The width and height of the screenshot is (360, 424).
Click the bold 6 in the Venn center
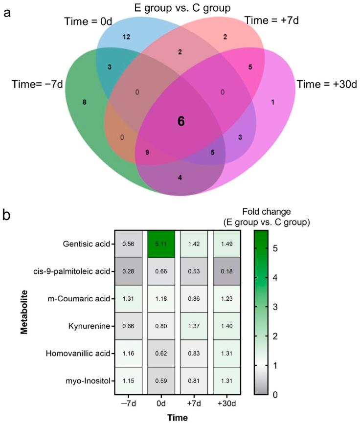(181, 121)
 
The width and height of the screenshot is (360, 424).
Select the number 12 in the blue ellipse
(126, 37)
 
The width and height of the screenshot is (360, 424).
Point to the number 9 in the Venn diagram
(147, 153)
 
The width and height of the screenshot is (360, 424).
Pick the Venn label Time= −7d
(37, 84)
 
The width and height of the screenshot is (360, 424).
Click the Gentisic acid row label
(85, 244)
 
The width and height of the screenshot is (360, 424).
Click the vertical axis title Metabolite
(23, 312)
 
